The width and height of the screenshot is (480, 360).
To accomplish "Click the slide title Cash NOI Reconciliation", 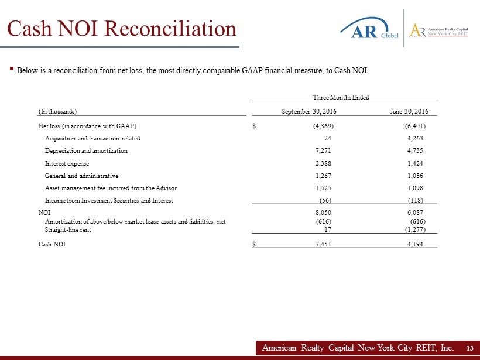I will click(x=122, y=29).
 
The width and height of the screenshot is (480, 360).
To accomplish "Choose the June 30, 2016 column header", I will click(x=409, y=111).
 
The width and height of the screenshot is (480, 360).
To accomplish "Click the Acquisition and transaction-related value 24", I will click(x=328, y=139).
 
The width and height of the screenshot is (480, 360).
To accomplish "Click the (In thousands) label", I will click(x=58, y=111).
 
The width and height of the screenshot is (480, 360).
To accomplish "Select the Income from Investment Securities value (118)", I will click(x=415, y=200).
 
